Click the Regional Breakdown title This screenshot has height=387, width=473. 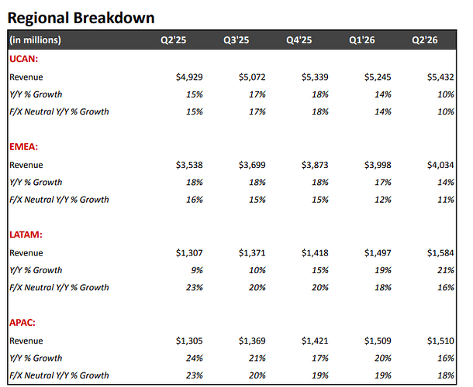[x=81, y=18]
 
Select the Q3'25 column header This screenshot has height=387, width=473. [x=236, y=40]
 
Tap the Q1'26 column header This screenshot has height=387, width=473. [x=362, y=40]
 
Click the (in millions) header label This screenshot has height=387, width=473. [x=36, y=40]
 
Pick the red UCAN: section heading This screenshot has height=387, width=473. [x=24, y=59]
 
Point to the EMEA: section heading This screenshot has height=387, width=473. [x=24, y=146]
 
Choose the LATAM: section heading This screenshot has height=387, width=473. [x=26, y=235]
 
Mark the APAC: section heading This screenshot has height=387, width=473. [x=22, y=323]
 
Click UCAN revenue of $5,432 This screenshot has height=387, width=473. [x=440, y=77]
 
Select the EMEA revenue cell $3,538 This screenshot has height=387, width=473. [x=189, y=165]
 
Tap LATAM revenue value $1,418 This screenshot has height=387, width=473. [x=315, y=253]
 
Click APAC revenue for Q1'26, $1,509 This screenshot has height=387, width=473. [x=378, y=341]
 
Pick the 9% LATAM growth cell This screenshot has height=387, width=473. [x=197, y=270]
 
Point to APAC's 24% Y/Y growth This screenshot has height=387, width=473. [x=195, y=358]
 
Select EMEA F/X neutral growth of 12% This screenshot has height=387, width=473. [x=383, y=200]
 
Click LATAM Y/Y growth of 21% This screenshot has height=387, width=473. [x=446, y=270]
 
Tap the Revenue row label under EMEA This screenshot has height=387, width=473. [x=26, y=165]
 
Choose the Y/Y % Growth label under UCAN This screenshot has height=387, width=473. [x=36, y=94]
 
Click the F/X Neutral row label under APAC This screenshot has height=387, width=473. [x=59, y=375]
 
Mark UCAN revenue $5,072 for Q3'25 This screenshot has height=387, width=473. [x=252, y=77]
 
